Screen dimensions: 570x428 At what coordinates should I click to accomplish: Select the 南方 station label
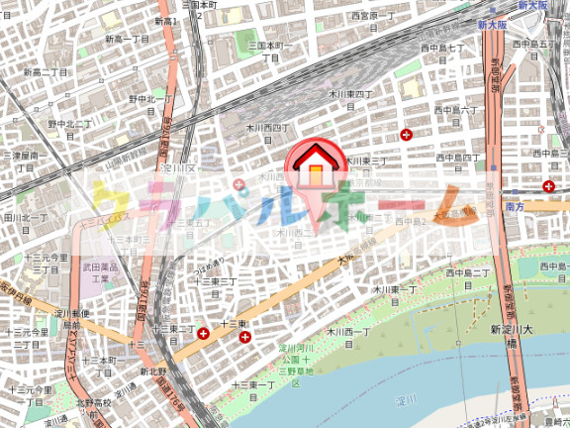[514, 206]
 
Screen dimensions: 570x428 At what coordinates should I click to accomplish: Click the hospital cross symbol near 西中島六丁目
[406, 134]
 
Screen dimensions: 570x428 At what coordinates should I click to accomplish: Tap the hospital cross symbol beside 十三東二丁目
[203, 334]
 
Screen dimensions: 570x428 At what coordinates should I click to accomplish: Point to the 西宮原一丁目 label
[373, 16]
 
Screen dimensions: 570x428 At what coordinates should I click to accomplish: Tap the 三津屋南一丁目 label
[24, 160]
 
